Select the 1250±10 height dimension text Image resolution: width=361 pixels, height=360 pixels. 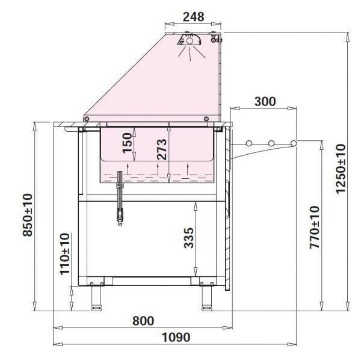pyautogui.click(x=341, y=169)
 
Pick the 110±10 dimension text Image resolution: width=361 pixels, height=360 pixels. pyautogui.click(x=65, y=253)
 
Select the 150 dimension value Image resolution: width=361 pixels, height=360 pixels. pyautogui.click(x=128, y=144)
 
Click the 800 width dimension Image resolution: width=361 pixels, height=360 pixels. pyautogui.click(x=143, y=320)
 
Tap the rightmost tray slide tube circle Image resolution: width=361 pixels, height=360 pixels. pyautogui.click(x=294, y=143)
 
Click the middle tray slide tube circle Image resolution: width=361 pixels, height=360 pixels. pyautogui.click(x=271, y=143)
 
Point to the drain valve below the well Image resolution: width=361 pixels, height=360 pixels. pyautogui.click(x=119, y=199)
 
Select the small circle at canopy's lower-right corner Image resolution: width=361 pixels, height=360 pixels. pyautogui.click(x=206, y=119)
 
